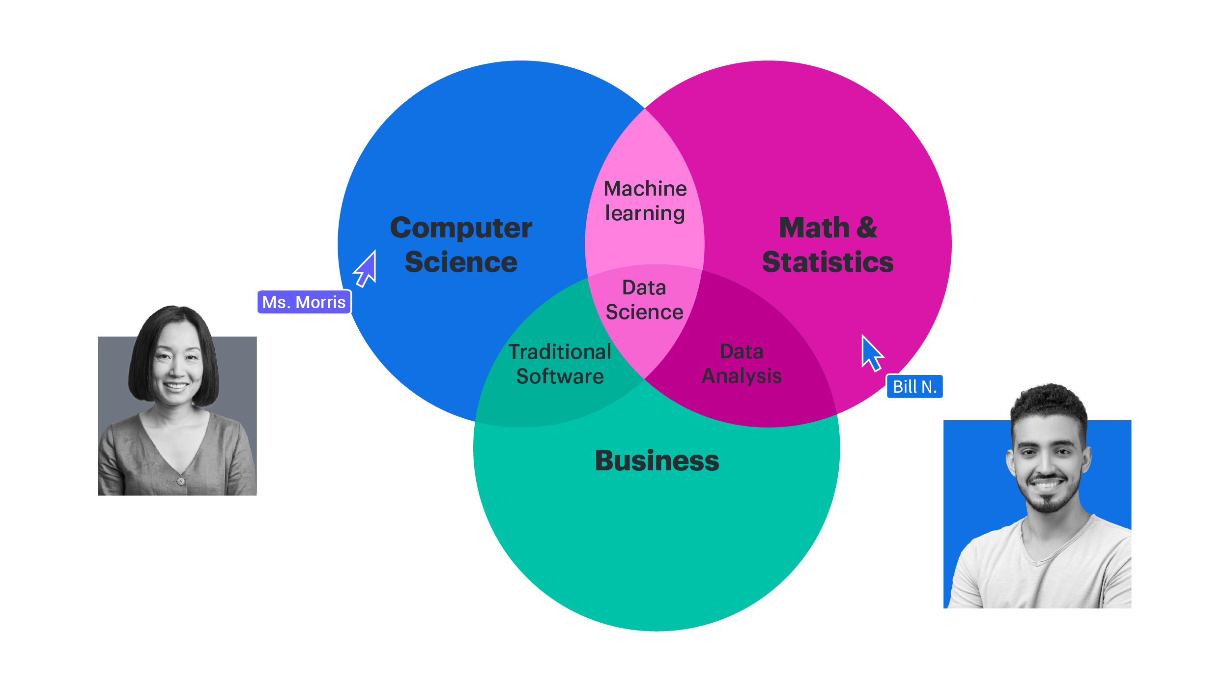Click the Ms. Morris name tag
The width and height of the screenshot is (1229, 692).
pyautogui.click(x=304, y=302)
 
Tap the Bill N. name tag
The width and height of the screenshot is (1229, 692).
pyautogui.click(x=915, y=386)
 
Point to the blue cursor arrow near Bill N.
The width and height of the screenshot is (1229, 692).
pyautogui.click(x=871, y=353)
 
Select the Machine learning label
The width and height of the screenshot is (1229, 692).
pyautogui.click(x=645, y=201)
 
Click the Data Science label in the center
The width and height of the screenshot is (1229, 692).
pyautogui.click(x=644, y=300)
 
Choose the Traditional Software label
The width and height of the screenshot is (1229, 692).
pyautogui.click(x=560, y=364)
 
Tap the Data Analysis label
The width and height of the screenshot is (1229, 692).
pyautogui.click(x=742, y=364)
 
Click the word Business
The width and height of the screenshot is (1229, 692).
pyautogui.click(x=657, y=461)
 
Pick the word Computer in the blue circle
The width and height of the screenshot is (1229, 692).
pyautogui.click(x=461, y=228)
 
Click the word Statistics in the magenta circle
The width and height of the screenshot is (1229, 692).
pyautogui.click(x=828, y=262)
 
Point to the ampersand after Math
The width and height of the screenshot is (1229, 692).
pyautogui.click(x=867, y=228)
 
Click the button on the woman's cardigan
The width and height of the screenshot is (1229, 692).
pyautogui.click(x=181, y=481)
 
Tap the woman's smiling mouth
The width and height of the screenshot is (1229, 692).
pyautogui.click(x=175, y=386)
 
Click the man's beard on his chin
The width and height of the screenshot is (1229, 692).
pyautogui.click(x=1047, y=504)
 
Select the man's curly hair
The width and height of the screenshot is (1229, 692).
pyautogui.click(x=1049, y=403)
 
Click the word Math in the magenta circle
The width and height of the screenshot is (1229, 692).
pyautogui.click(x=814, y=228)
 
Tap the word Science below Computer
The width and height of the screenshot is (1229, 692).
pyautogui.click(x=461, y=262)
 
